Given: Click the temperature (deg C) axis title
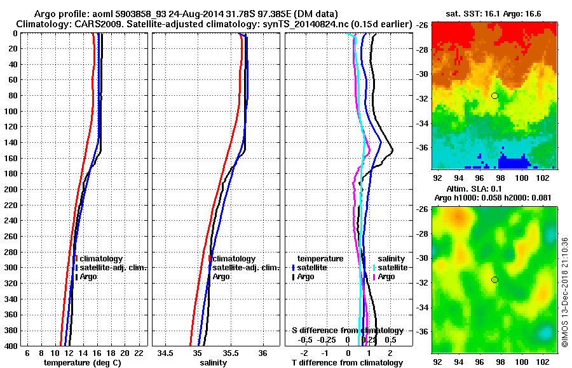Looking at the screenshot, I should (82, 362).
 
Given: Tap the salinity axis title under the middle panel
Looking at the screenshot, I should (214, 362).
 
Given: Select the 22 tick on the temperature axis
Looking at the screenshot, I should (139, 352).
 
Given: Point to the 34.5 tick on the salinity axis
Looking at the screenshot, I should (167, 352).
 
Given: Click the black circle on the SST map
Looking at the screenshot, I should (494, 96).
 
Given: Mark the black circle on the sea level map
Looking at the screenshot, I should (494, 280).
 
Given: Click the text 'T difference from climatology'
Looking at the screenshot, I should (347, 362).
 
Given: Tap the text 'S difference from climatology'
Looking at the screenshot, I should (347, 331).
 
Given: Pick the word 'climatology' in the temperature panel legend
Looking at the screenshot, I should (102, 259).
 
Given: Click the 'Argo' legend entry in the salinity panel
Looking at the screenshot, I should (222, 277).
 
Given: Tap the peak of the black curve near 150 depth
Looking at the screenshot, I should (393, 150).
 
